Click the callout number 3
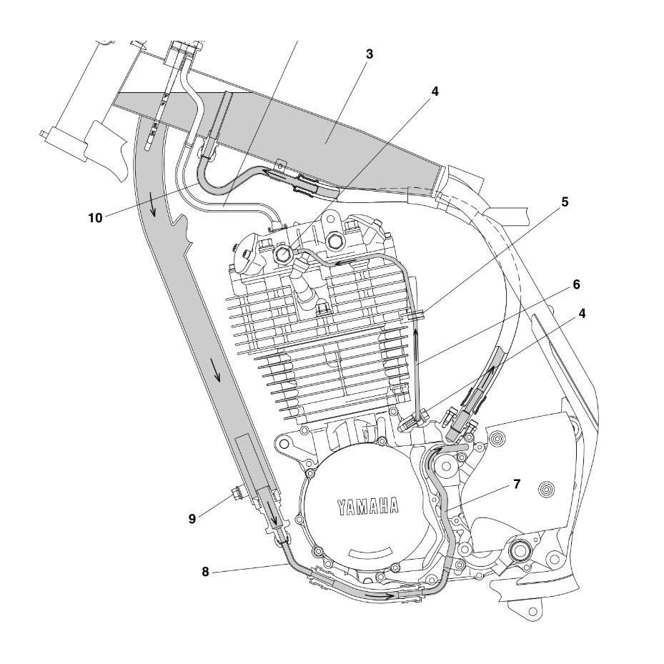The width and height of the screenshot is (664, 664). click(x=369, y=54)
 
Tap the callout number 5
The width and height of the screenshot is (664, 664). click(x=565, y=202)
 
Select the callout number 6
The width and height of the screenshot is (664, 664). click(x=576, y=284)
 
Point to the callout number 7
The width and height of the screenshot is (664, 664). click(x=516, y=484)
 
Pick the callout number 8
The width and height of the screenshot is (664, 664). click(x=205, y=571)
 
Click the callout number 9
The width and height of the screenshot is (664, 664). click(x=192, y=519)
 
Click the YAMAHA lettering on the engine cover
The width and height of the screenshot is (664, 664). click(x=368, y=507)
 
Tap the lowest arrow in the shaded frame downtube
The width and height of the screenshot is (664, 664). click(x=272, y=512)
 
